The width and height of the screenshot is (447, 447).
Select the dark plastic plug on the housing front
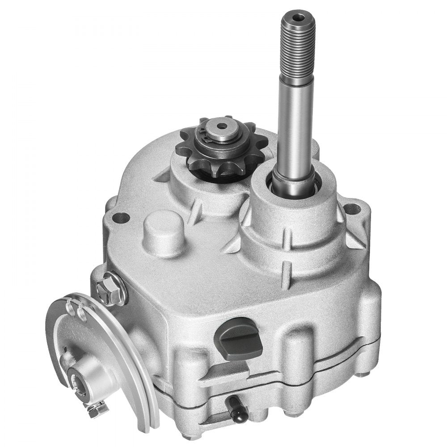point(240,340)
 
